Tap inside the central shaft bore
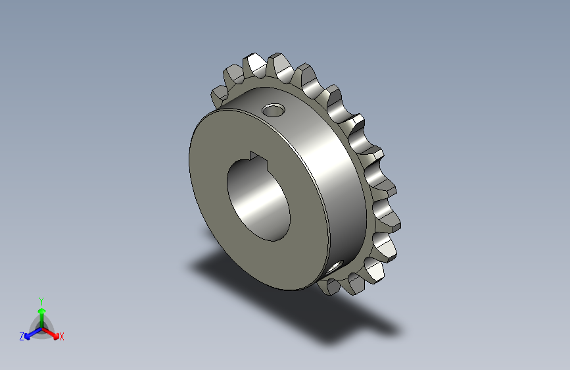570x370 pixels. coord(259,198)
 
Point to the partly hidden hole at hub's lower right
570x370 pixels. coord(337,266)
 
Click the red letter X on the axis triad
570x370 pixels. coord(62,336)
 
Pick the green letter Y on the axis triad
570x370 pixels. coord(41,300)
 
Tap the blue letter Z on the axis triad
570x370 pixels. coord(22,336)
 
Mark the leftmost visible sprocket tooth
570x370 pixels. coord(219,96)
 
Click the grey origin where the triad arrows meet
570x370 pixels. coord(41,328)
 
